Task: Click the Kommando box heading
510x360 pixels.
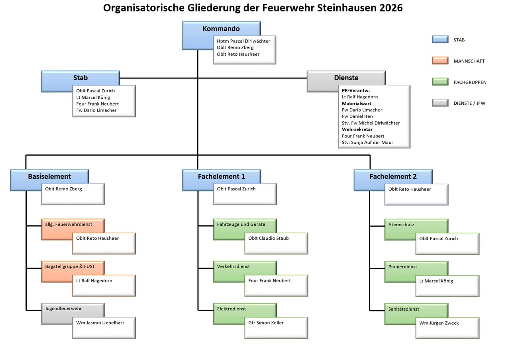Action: click(221, 29)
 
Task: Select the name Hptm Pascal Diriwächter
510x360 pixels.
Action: click(243, 41)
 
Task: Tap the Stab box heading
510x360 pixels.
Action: click(80, 78)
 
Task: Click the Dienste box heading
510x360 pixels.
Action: click(346, 78)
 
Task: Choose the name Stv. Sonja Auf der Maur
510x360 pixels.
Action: click(367, 143)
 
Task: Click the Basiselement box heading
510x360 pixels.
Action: click(49, 176)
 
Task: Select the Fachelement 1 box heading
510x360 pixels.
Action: click(221, 176)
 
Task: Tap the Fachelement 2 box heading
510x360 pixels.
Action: click(393, 176)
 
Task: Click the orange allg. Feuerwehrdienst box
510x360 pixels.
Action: click(69, 225)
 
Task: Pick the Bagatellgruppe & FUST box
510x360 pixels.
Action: click(70, 266)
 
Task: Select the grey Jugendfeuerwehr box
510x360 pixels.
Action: click(63, 309)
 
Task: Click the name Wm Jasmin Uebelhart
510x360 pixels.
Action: click(100, 323)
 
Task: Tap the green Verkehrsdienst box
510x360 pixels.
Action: click(233, 266)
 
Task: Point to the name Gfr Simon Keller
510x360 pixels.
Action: click(266, 323)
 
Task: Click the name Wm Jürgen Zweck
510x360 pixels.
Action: click(439, 323)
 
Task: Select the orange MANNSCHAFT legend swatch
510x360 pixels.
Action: click(440, 61)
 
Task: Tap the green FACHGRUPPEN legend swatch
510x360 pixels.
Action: click(440, 82)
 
